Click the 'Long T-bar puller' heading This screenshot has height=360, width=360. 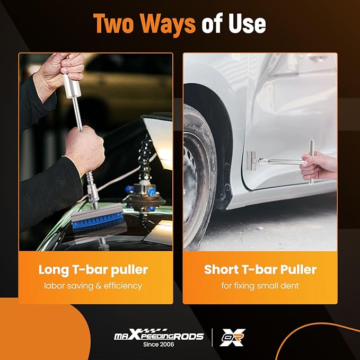coord(93,270)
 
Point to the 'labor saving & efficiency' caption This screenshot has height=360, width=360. coord(93,286)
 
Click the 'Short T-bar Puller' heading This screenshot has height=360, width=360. coord(260,270)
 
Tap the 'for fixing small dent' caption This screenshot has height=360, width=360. coord(260,286)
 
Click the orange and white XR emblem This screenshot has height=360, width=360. coord(232,337)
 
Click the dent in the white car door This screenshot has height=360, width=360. coord(276,106)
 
